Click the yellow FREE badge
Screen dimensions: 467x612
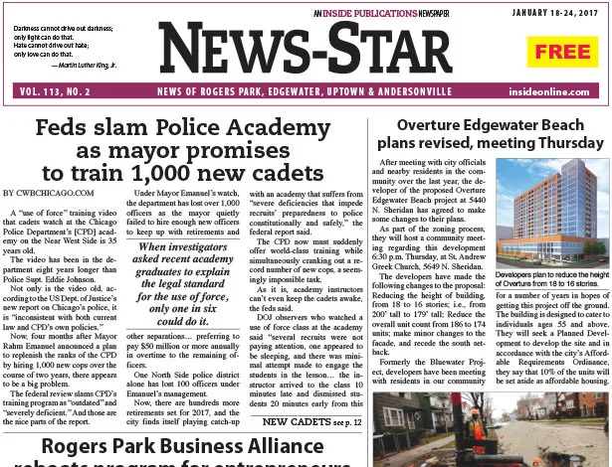coord(563,52)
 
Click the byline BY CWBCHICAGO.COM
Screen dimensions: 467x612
coord(49,192)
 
